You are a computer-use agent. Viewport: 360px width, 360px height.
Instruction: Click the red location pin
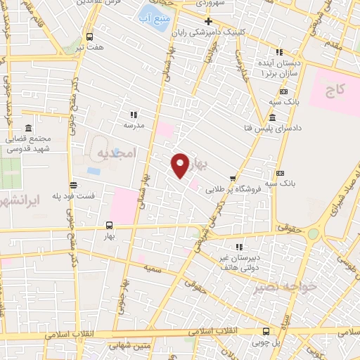180,165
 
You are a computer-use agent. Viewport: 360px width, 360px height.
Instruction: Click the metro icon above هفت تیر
89,37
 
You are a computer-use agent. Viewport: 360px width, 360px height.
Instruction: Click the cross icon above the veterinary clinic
208,21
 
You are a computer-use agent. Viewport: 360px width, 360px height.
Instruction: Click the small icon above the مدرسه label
134,115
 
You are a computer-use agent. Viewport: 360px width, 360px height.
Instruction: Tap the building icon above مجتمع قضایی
28,129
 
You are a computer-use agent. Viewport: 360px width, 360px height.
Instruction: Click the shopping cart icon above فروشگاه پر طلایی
233,178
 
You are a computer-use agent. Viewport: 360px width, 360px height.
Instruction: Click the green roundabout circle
313,234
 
